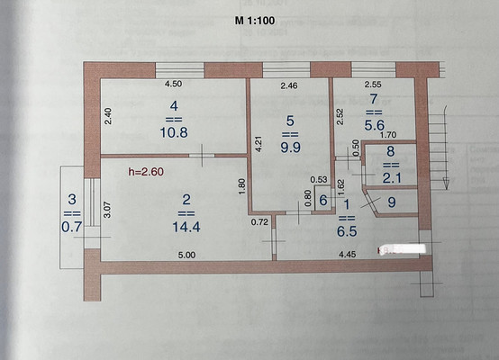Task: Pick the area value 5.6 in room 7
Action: pos(376,127)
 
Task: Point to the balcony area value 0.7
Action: pos(69,229)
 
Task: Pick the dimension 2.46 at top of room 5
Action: pos(290,86)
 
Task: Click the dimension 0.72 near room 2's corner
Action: pos(260,220)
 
